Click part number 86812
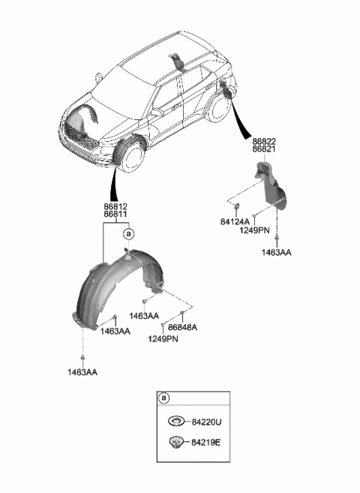[115, 207]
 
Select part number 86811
[115, 215]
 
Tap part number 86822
[264, 142]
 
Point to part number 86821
[264, 149]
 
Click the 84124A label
[235, 222]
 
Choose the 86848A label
[182, 327]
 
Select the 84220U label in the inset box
[206, 422]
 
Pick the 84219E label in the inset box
[206, 443]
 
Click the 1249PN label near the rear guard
[254, 230]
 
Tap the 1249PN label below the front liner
[163, 339]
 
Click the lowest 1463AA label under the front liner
[82, 372]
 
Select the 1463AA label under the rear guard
[277, 252]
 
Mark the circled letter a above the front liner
[128, 234]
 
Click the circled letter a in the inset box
[163, 398]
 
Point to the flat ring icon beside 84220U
[176, 421]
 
